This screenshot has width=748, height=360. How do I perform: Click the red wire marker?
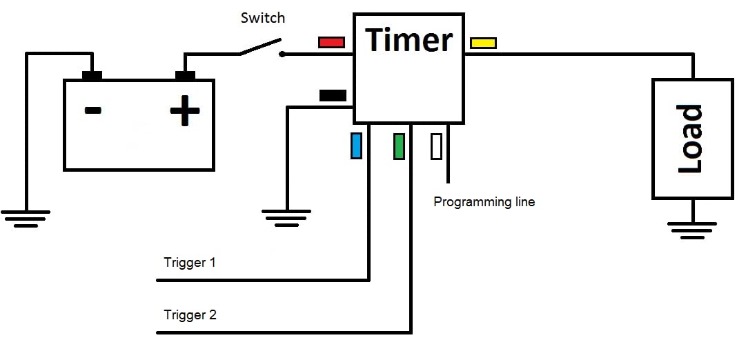[x=331, y=43]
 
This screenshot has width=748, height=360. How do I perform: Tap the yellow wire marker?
[x=483, y=43]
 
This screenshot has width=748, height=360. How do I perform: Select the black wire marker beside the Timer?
[x=333, y=95]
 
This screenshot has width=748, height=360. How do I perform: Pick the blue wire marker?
[x=356, y=146]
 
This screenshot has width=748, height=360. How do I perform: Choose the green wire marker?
[x=400, y=146]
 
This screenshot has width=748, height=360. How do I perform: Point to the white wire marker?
[x=436, y=146]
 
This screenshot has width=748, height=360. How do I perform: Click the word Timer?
[x=409, y=39]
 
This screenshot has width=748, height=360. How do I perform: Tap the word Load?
[x=690, y=139]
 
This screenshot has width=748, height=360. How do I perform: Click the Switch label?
[x=263, y=18]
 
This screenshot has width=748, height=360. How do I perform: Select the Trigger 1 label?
[x=190, y=262]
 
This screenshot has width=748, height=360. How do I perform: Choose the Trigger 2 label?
[x=190, y=314]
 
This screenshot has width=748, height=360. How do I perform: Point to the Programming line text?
[x=484, y=201]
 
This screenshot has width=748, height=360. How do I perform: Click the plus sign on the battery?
[x=185, y=110]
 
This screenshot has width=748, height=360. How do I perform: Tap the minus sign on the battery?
[x=93, y=110]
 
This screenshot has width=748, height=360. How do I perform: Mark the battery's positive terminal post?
[x=185, y=75]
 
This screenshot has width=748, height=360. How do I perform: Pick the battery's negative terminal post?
[x=92, y=75]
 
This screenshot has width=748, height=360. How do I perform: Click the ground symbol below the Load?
[x=692, y=230]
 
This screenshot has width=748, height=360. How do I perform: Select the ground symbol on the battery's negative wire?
[x=26, y=219]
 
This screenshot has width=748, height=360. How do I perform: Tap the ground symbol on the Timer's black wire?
[x=286, y=219]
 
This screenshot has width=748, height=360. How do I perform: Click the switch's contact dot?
[x=282, y=54]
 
